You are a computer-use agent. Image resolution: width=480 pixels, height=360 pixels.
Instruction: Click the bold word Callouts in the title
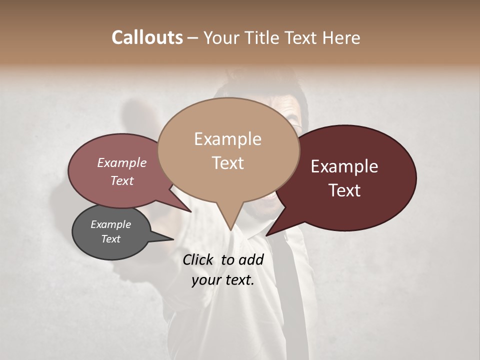tap(147, 37)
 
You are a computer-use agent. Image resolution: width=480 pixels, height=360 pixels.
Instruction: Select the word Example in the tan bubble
tap(227, 139)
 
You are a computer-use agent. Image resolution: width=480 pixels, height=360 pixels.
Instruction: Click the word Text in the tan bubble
tap(227, 163)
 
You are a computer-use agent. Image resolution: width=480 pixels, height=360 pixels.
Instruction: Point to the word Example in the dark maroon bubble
tap(344, 166)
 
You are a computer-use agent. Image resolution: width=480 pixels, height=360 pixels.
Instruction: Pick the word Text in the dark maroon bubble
tap(344, 190)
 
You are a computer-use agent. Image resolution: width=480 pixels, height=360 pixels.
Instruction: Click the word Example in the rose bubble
tap(122, 162)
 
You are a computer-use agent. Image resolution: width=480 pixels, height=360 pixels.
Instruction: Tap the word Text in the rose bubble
tap(122, 180)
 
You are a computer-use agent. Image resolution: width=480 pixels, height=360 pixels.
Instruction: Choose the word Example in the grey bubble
tap(110, 224)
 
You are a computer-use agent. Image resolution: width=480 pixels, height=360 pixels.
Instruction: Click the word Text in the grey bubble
tap(110, 239)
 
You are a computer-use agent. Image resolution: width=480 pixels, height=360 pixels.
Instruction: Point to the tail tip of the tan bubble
tap(230, 230)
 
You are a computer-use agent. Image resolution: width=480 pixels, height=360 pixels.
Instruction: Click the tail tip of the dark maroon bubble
tap(266, 235)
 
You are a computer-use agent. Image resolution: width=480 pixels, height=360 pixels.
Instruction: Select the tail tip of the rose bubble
tap(191, 211)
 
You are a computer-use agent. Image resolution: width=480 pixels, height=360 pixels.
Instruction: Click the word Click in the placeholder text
tap(198, 259)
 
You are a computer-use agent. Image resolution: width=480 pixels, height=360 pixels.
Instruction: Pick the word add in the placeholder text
tap(251, 259)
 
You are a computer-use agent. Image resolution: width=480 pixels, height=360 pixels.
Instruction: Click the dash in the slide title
tap(193, 38)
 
